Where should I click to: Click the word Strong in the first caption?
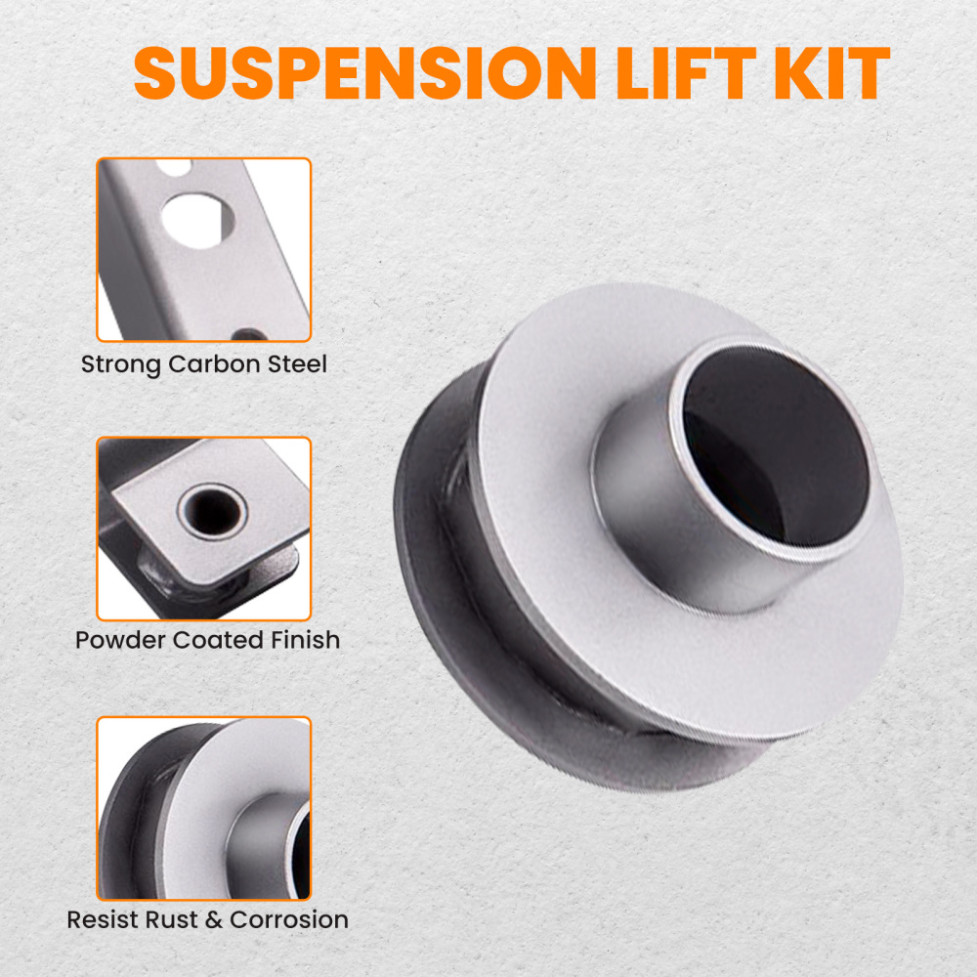[x=121, y=365]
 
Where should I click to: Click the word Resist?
[x=100, y=919]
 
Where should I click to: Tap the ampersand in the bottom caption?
[x=211, y=919]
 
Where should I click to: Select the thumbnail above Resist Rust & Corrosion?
[x=203, y=808]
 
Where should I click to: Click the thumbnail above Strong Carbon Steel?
[x=203, y=249]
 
